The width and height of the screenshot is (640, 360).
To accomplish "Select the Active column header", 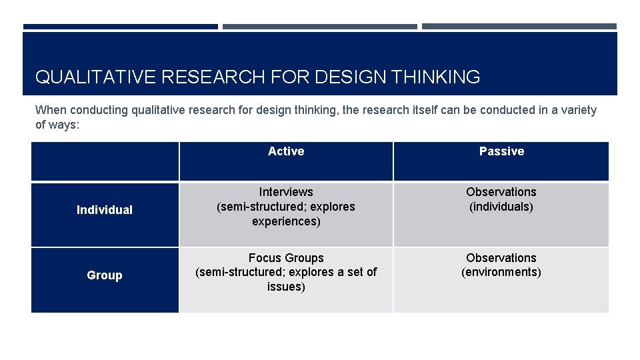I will pyautogui.click(x=286, y=151).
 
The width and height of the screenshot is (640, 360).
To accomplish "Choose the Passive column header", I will pyautogui.click(x=501, y=151).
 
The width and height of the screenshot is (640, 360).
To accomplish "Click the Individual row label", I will pyautogui.click(x=105, y=210).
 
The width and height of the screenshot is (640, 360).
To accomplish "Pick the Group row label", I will pyautogui.click(x=105, y=275).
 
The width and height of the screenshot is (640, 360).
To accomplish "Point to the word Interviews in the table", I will pyautogui.click(x=286, y=192).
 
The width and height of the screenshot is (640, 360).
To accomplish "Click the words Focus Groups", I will pyautogui.click(x=286, y=258).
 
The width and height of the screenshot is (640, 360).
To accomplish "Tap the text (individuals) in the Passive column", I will pyautogui.click(x=501, y=207).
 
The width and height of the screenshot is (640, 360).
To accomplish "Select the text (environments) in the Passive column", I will pyautogui.click(x=501, y=272).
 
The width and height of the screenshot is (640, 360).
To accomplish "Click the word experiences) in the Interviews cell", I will pyautogui.click(x=286, y=221).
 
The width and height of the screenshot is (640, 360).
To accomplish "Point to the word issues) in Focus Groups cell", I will pyautogui.click(x=286, y=287).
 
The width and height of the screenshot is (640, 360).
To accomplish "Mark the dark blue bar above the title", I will pyautogui.click(x=121, y=27).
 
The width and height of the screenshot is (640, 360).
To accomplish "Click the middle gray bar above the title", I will pyautogui.click(x=320, y=27).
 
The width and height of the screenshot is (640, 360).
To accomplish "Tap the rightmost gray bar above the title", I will pyautogui.click(x=519, y=27).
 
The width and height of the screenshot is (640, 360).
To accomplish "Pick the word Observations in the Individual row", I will pyautogui.click(x=501, y=192).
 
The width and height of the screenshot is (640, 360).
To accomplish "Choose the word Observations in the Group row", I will pyautogui.click(x=501, y=258).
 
